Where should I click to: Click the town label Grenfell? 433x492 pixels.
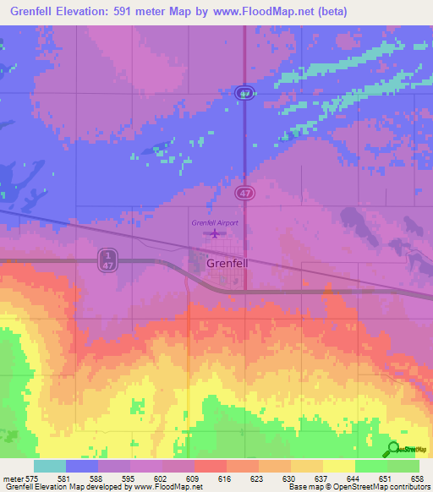tap(227, 264)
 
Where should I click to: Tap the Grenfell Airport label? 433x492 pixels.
tap(215, 222)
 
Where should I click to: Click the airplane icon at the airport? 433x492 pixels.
tap(216, 233)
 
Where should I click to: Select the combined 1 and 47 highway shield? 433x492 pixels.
tap(107, 259)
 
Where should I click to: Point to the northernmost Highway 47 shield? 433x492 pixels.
tap(244, 95)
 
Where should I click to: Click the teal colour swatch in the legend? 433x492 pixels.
tap(50, 466)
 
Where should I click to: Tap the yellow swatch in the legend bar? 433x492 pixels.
tap(338, 466)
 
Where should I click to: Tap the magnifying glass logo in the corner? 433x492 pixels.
tap(392, 450)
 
